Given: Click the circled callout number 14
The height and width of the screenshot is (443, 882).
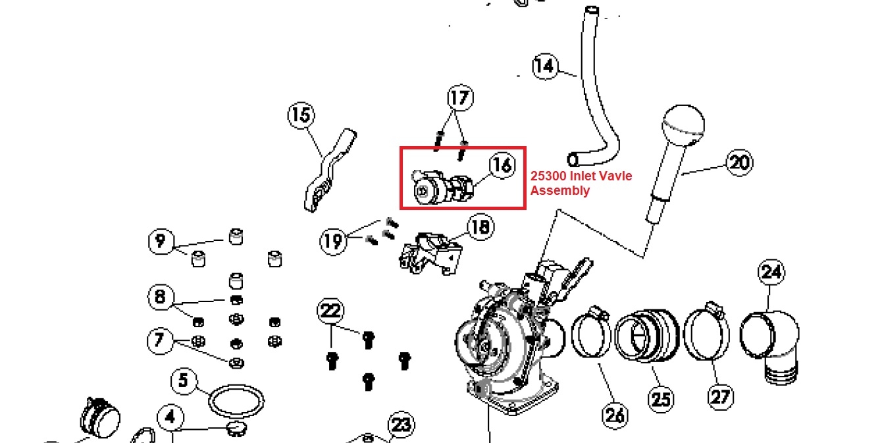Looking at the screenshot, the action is click(x=546, y=66).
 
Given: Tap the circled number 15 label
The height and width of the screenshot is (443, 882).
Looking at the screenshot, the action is click(x=301, y=115).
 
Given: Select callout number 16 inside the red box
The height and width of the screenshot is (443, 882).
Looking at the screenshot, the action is click(x=502, y=165).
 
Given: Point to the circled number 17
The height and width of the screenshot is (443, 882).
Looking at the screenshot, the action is click(x=460, y=97).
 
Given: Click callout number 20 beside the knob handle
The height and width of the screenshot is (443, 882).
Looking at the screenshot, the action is click(x=739, y=163).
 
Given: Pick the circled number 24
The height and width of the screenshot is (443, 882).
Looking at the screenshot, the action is click(x=771, y=272).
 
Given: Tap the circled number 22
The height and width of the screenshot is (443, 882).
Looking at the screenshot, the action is click(x=330, y=311).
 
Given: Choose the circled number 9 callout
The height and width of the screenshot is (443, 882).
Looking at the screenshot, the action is click(x=161, y=241).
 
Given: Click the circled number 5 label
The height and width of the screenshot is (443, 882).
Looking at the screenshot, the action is click(x=184, y=380).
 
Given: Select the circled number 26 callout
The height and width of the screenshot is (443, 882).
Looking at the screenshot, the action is click(x=615, y=415).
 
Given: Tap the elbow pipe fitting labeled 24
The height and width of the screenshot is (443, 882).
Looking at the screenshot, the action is click(x=770, y=346).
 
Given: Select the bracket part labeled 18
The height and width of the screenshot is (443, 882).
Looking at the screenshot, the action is click(x=430, y=253).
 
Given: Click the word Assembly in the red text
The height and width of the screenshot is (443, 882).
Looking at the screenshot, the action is click(x=560, y=191).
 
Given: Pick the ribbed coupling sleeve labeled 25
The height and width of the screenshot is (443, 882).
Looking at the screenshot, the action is click(x=647, y=336).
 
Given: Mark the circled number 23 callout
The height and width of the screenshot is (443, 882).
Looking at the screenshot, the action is click(x=402, y=425).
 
